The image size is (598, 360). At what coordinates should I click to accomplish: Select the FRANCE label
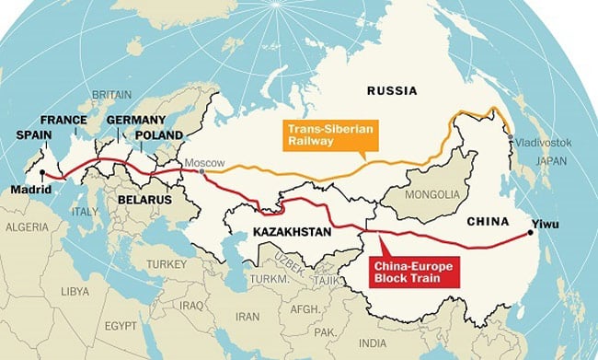coord(63,120)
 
